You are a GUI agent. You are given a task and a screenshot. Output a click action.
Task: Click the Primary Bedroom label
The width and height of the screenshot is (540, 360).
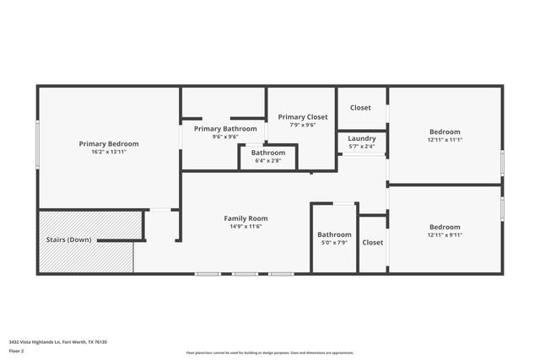point(108,144)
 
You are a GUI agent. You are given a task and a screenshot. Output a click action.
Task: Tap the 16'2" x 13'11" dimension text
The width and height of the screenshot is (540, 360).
point(108,152)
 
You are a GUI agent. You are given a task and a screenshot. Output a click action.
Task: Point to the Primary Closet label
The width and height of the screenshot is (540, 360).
point(302,117)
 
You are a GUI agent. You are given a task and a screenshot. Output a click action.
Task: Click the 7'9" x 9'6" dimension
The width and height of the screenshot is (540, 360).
point(302,125)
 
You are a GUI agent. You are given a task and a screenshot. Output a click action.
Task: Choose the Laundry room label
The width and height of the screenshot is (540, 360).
point(361,138)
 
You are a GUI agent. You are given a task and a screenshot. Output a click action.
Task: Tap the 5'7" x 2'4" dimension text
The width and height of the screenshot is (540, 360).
point(361,147)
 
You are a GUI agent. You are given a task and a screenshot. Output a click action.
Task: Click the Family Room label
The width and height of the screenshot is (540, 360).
point(246,218)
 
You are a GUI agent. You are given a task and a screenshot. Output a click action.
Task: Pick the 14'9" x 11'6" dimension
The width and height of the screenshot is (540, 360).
point(246,226)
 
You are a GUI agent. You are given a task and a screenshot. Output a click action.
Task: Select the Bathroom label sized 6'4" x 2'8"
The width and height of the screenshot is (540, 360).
point(267,153)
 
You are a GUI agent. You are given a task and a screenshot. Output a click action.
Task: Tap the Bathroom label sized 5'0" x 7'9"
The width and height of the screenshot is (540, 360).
point(334,234)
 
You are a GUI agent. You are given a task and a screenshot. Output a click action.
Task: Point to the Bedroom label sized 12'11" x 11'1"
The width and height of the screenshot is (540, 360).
point(445,132)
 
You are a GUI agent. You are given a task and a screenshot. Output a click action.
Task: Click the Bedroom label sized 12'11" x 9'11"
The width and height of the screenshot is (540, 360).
point(445,227)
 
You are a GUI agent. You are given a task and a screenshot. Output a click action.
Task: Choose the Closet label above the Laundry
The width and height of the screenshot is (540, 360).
point(361,108)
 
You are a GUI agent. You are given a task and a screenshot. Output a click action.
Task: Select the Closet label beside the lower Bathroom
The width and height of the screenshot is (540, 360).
point(372,243)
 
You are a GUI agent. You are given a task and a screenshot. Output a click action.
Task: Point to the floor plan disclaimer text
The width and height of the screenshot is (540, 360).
point(269,353)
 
